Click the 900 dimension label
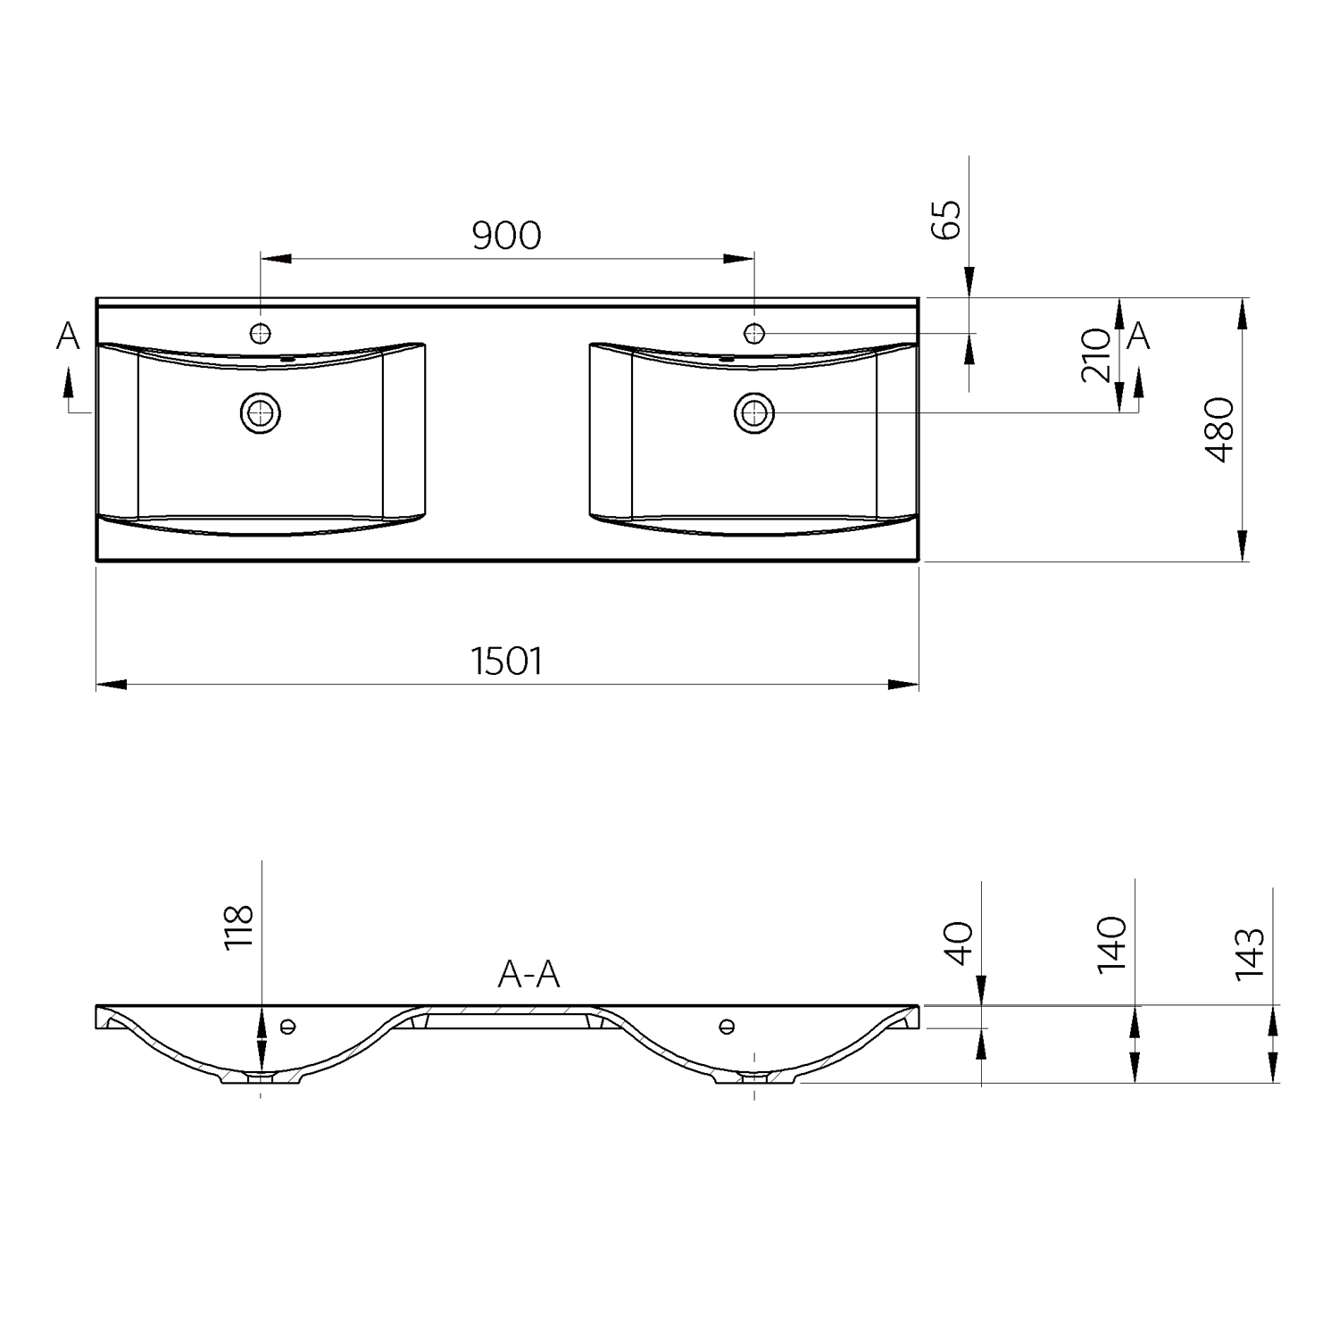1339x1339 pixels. (x=506, y=235)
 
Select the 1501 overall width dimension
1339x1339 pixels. (x=506, y=661)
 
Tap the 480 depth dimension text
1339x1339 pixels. (x=1219, y=430)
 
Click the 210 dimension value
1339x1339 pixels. (x=1096, y=355)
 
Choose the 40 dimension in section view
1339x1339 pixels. (x=958, y=944)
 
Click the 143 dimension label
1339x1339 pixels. (x=1250, y=953)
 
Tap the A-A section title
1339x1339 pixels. (x=528, y=975)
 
